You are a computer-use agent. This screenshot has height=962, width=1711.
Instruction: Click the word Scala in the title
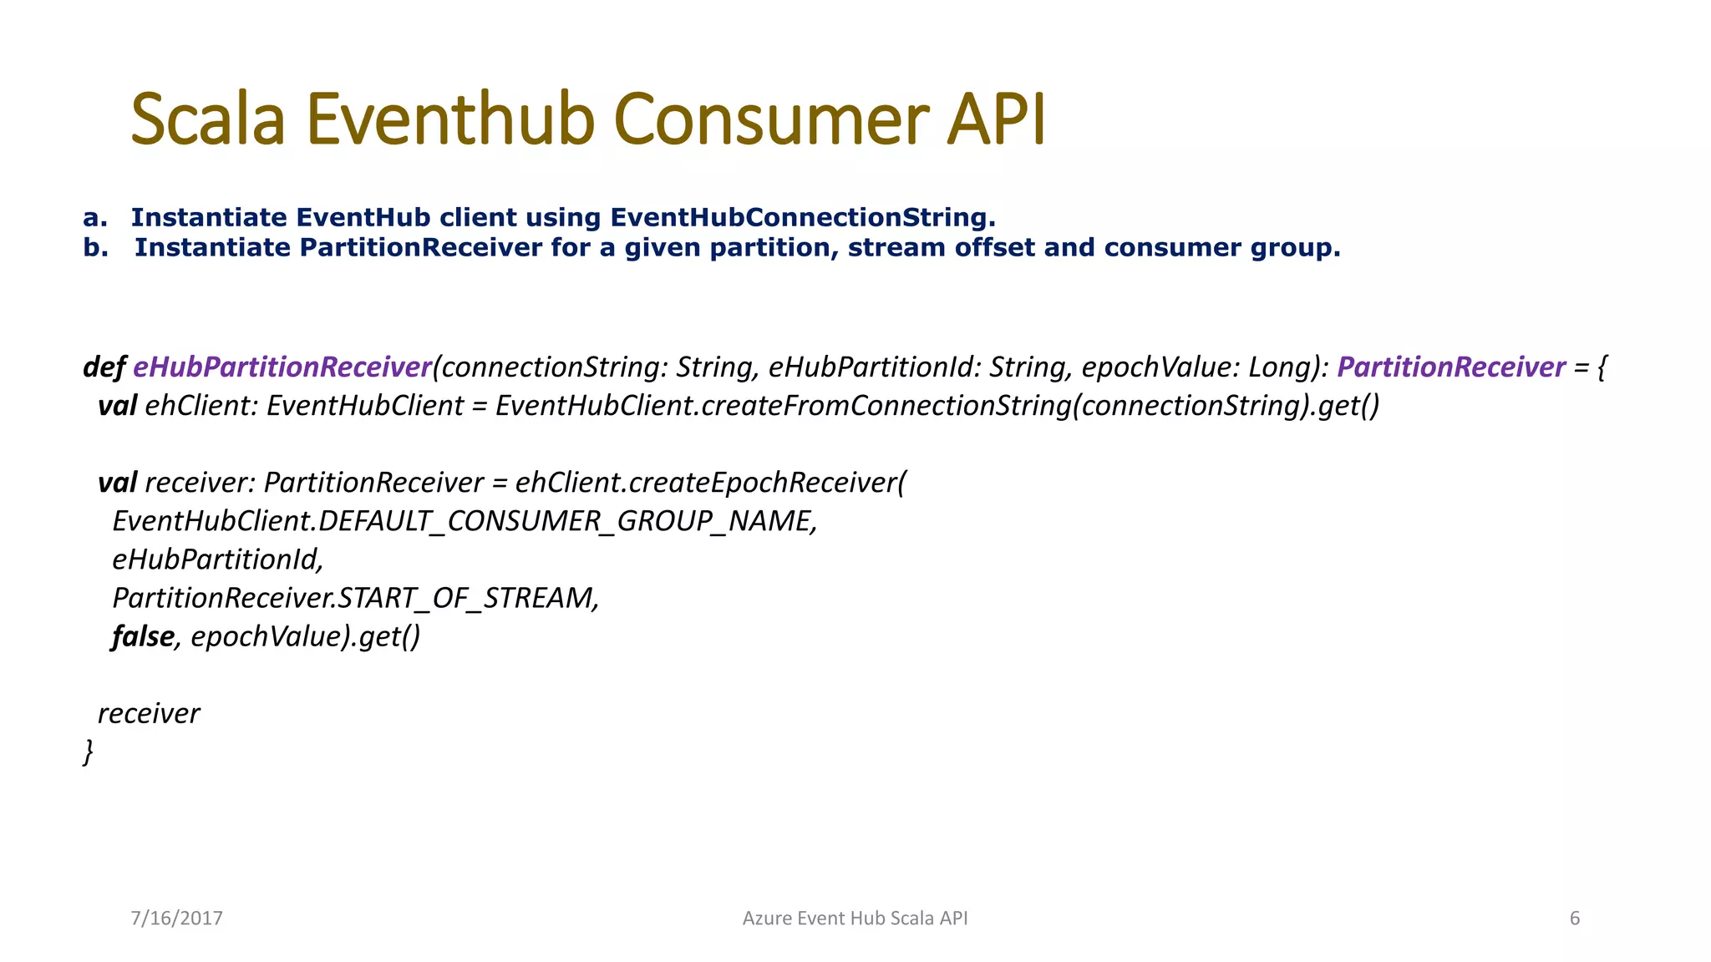tap(208, 120)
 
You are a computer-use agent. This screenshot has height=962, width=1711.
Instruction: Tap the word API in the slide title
tap(996, 120)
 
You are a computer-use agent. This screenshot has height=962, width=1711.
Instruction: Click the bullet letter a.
tap(94, 218)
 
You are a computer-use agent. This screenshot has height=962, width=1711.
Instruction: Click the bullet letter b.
tap(94, 248)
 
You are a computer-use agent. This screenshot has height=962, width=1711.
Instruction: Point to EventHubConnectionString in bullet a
tap(802, 218)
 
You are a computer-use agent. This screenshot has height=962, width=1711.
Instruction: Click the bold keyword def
tap(104, 367)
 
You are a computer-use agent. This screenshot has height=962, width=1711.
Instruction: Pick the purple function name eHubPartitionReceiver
tap(282, 367)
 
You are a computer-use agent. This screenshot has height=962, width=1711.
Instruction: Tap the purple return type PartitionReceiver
tap(1450, 367)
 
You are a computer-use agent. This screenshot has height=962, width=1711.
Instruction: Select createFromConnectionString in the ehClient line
tap(886, 406)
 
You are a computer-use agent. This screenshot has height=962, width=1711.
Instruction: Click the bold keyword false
tap(143, 636)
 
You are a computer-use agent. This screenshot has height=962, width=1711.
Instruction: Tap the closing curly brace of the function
tap(88, 752)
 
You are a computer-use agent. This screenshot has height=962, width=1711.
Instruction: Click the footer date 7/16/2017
tap(176, 919)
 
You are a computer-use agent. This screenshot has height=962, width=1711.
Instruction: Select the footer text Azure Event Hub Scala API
tap(855, 919)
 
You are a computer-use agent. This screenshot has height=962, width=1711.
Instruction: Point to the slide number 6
tap(1575, 919)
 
